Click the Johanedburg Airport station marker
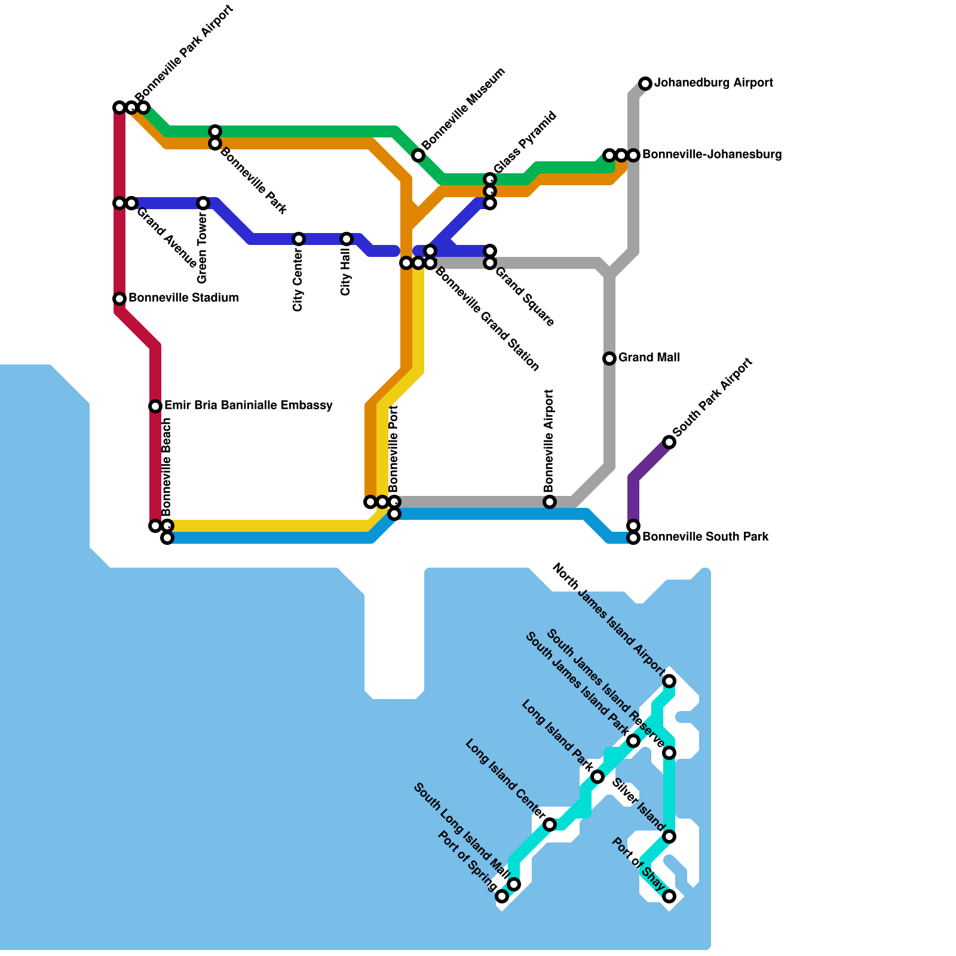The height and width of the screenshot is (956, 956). (645, 84)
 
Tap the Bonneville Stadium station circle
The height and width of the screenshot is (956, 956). (119, 299)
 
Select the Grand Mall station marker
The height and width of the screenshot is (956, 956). (609, 358)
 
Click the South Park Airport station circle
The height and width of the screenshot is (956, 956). (669, 442)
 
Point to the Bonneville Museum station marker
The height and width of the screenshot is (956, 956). (418, 155)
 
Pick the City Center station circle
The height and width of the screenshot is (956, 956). (299, 239)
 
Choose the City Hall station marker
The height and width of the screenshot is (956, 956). (347, 239)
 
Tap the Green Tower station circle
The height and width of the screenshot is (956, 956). (203, 203)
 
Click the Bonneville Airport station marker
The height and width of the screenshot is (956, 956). (550, 502)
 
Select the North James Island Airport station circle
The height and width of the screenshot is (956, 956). (669, 681)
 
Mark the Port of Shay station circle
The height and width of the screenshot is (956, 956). (669, 896)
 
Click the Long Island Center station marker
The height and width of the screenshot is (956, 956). (550, 825)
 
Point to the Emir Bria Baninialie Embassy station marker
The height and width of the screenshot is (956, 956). (155, 406)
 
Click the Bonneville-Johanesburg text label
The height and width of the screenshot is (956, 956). (712, 155)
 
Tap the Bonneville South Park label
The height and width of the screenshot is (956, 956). (705, 537)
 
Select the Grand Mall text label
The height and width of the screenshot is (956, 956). (649, 358)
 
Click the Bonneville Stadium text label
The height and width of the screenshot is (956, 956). (183, 298)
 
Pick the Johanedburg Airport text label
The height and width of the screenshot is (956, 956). (713, 83)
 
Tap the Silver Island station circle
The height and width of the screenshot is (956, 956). (669, 836)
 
